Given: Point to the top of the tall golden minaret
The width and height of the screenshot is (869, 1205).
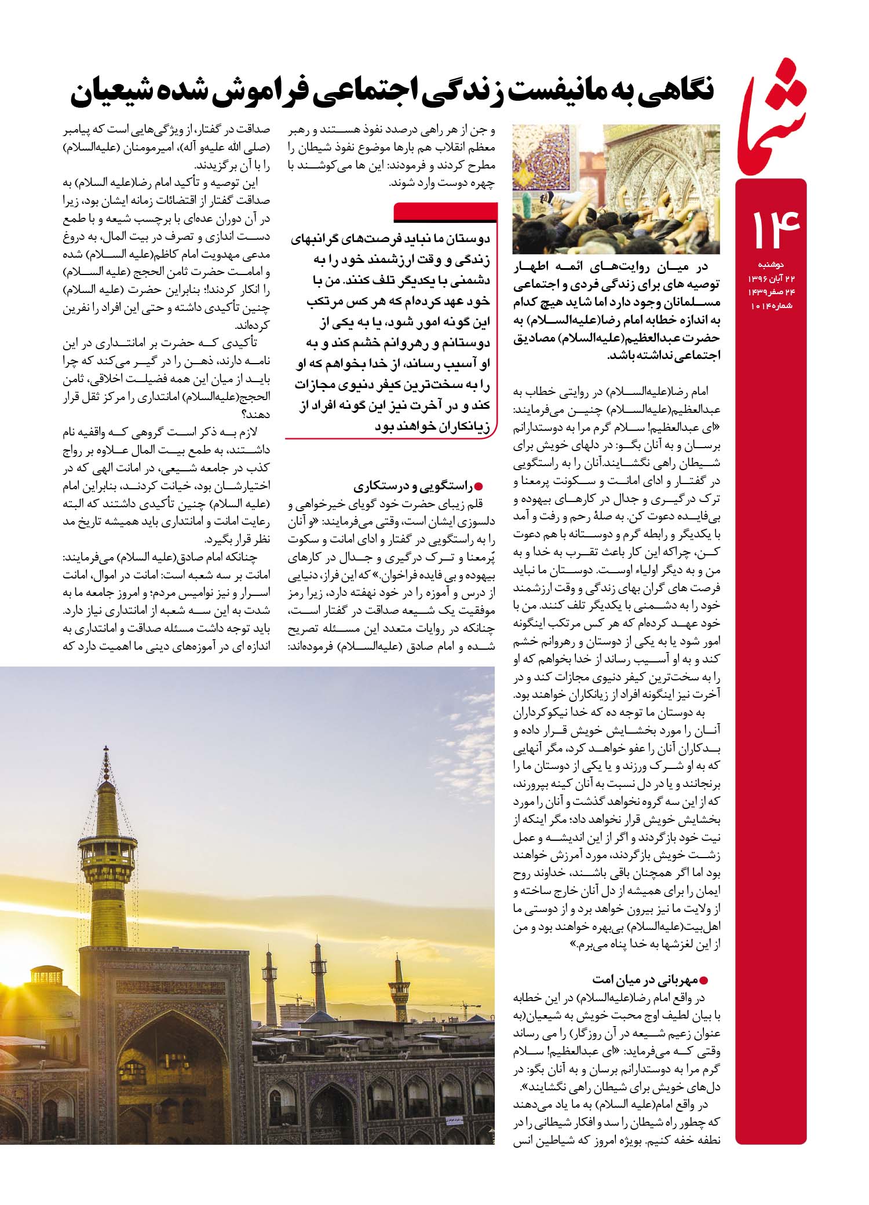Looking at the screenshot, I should pos(105,756).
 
